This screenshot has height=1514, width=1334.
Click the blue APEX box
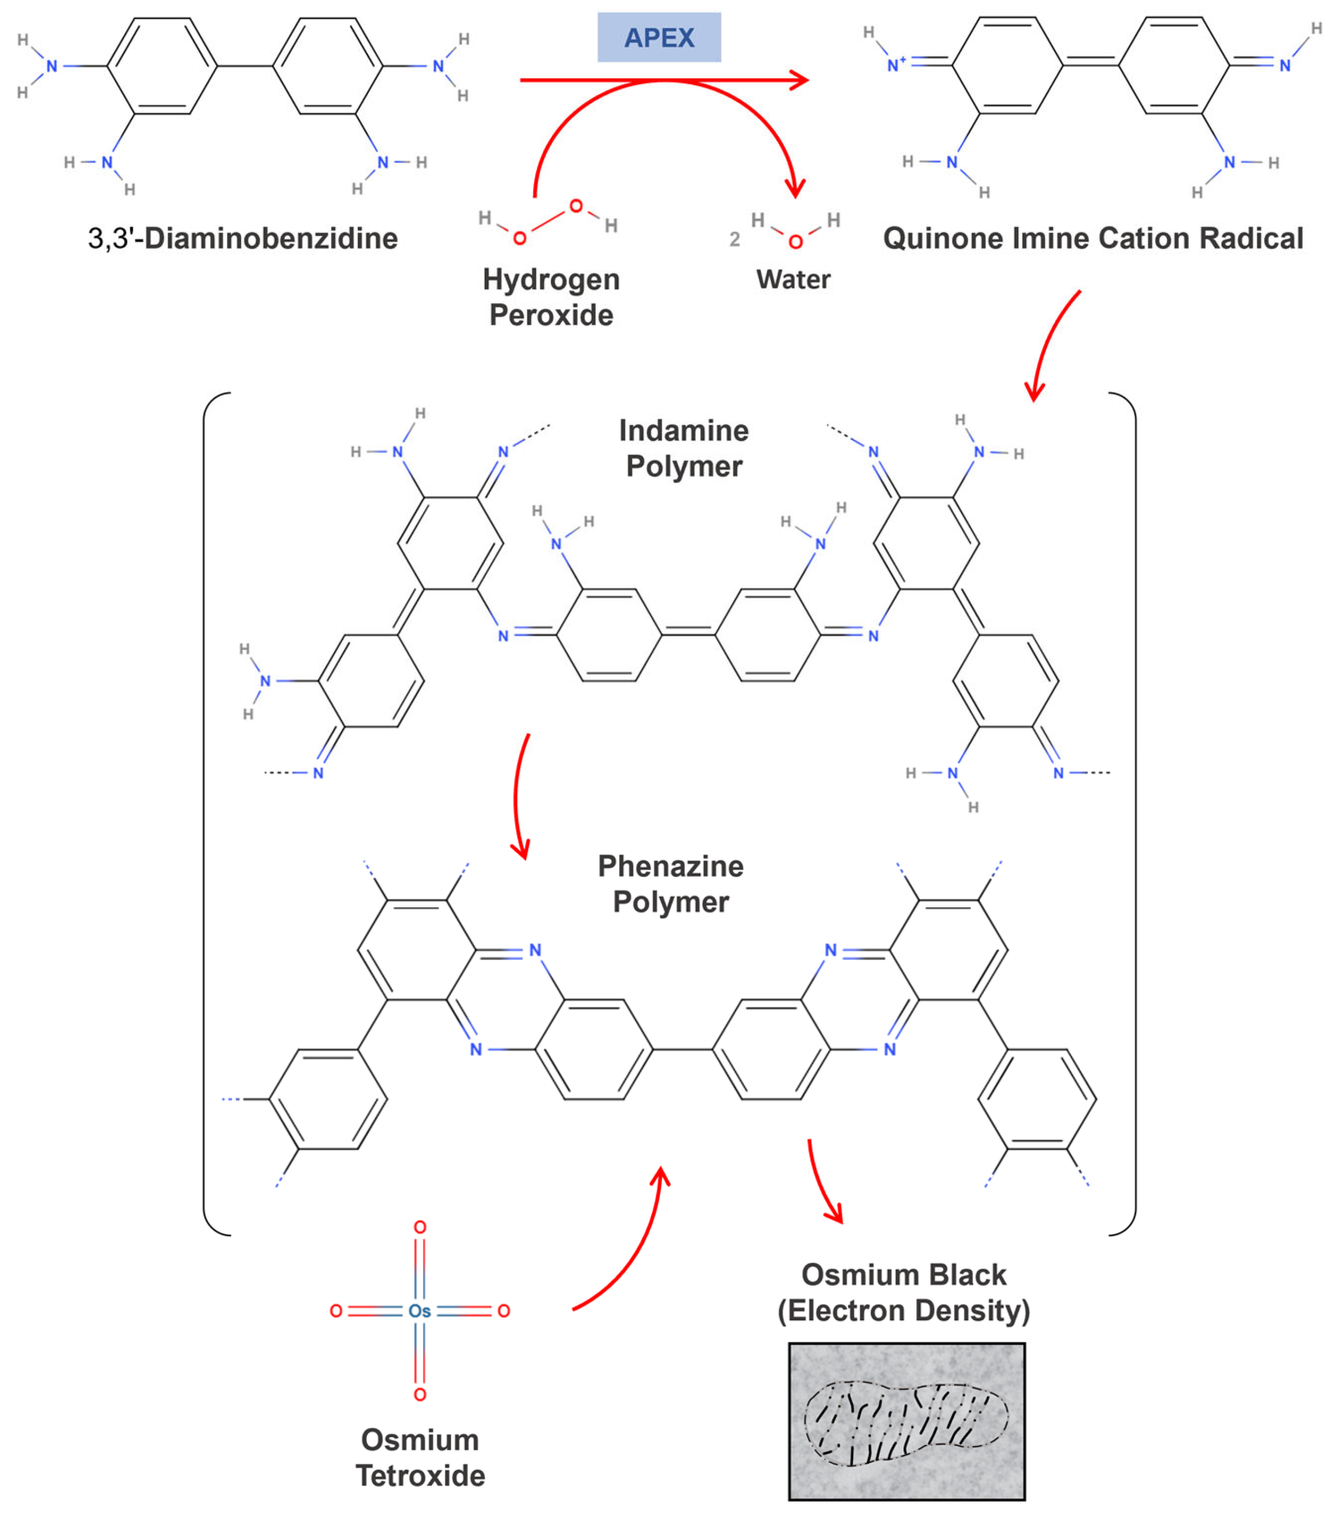[658, 37]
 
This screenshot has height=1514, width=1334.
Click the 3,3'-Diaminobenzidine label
[242, 238]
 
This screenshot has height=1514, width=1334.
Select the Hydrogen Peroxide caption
[551, 297]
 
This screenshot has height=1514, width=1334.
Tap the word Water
[793, 279]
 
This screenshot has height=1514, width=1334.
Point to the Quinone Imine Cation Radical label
[1092, 238]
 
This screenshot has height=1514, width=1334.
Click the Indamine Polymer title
[684, 448]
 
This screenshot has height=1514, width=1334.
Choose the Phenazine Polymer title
[670, 884]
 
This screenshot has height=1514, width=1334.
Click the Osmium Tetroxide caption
[420, 1458]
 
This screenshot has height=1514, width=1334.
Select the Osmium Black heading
[903, 1275]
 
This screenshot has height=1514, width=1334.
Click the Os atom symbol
[419, 1311]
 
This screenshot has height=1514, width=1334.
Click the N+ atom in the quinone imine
[896, 65]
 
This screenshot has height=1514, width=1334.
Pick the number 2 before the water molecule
[734, 239]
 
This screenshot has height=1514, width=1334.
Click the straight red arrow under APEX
[663, 80]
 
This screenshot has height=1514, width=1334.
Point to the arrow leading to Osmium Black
[822, 1185]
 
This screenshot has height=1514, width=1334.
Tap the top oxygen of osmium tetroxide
[420, 1227]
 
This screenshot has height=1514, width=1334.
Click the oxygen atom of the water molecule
[795, 242]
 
